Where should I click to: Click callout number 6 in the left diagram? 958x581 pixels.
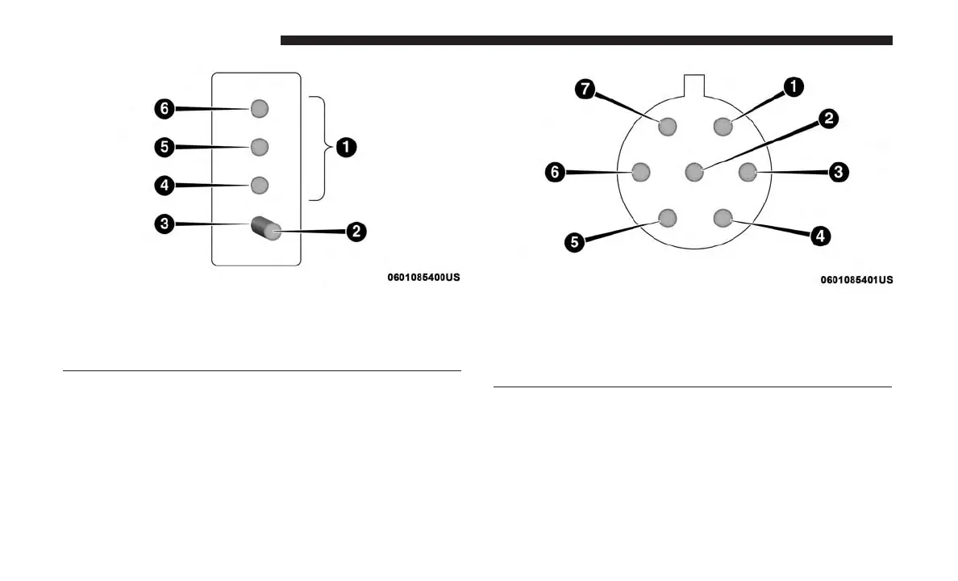164,107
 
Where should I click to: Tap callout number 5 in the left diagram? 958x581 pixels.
164,147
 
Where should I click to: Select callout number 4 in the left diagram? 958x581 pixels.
164,186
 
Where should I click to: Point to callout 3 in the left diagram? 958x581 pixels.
164,224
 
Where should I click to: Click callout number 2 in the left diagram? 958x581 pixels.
356,232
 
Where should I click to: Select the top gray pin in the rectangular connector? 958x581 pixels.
259,108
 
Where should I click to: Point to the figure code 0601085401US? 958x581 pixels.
856,280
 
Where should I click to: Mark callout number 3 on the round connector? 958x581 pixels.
839,171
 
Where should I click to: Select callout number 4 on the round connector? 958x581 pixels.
819,236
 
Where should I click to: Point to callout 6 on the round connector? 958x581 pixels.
555,172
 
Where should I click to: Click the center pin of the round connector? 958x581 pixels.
694,172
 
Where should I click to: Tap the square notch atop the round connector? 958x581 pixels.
694,85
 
